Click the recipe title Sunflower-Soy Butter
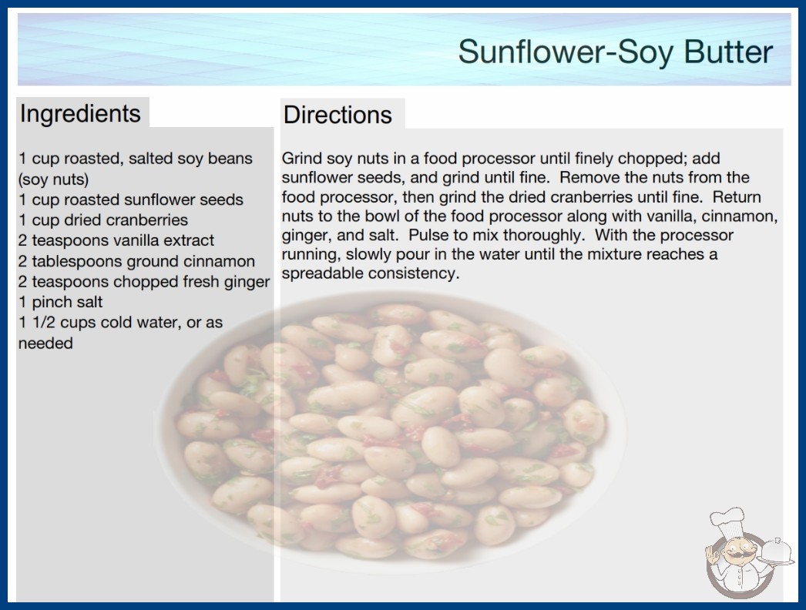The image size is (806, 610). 616,52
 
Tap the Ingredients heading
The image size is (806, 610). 80,113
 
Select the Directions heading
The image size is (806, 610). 338,115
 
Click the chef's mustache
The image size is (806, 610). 737,555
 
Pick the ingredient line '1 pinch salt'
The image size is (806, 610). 61,302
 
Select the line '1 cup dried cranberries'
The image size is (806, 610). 103,220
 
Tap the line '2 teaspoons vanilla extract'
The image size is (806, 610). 116,240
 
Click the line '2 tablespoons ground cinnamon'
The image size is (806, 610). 136,261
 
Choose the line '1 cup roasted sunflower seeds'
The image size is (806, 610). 131,199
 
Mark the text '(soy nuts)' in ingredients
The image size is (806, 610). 53,179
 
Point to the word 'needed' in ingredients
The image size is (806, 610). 45,344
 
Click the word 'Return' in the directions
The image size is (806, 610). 737,197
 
